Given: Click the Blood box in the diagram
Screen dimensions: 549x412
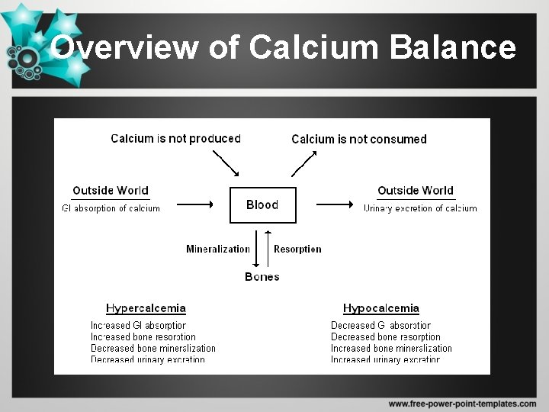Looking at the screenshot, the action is (262, 204).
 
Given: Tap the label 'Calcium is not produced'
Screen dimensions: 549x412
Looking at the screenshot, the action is (175, 139).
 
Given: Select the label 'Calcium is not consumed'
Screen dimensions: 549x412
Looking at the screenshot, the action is (359, 139).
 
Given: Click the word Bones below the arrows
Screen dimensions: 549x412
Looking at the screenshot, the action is (262, 276).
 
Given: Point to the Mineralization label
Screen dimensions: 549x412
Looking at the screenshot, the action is (218, 249).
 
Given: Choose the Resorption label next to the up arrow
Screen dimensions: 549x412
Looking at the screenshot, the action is (297, 249).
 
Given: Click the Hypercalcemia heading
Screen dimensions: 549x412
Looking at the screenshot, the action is (146, 308).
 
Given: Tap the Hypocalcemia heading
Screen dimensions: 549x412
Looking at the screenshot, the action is (381, 308).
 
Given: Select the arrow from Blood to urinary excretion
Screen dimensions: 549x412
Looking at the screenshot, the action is (334, 204).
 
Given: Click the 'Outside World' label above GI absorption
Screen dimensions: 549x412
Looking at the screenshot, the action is (111, 191).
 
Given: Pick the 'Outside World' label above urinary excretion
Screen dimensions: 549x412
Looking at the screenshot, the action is (416, 191).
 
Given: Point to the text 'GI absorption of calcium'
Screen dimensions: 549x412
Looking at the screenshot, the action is (111, 208).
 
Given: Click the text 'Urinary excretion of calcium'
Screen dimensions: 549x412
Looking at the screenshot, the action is (420, 208).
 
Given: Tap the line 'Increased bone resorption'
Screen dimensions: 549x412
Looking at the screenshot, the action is (143, 337).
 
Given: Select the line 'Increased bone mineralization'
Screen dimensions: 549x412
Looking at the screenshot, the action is (391, 349).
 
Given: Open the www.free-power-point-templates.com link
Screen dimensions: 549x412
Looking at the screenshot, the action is (462, 403).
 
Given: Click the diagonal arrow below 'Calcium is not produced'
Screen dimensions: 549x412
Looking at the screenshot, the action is (225, 163).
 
